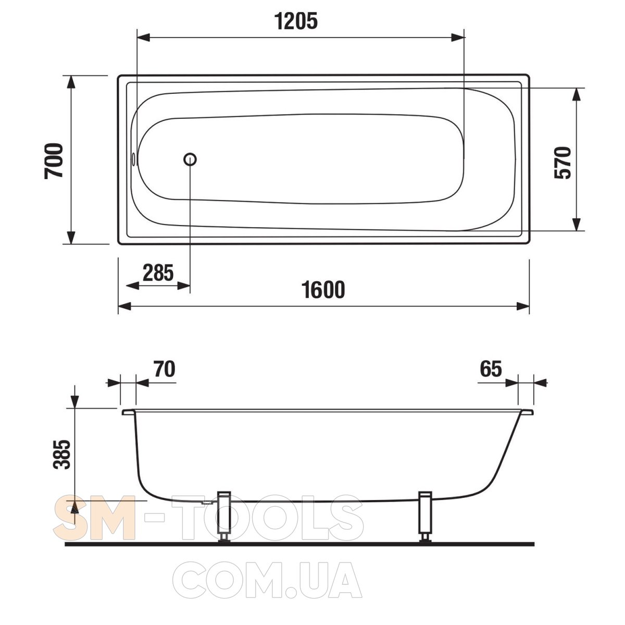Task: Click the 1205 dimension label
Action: [x=296, y=21]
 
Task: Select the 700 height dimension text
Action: [x=54, y=160]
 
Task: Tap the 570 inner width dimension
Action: [x=562, y=162]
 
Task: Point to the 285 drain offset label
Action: [x=158, y=273]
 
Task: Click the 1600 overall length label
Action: [x=323, y=290]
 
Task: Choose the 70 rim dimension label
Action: [x=165, y=369]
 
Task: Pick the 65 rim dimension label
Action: [x=491, y=369]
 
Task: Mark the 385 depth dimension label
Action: [x=61, y=454]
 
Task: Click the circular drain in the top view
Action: [x=190, y=159]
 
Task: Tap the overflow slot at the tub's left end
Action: [x=133, y=159]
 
